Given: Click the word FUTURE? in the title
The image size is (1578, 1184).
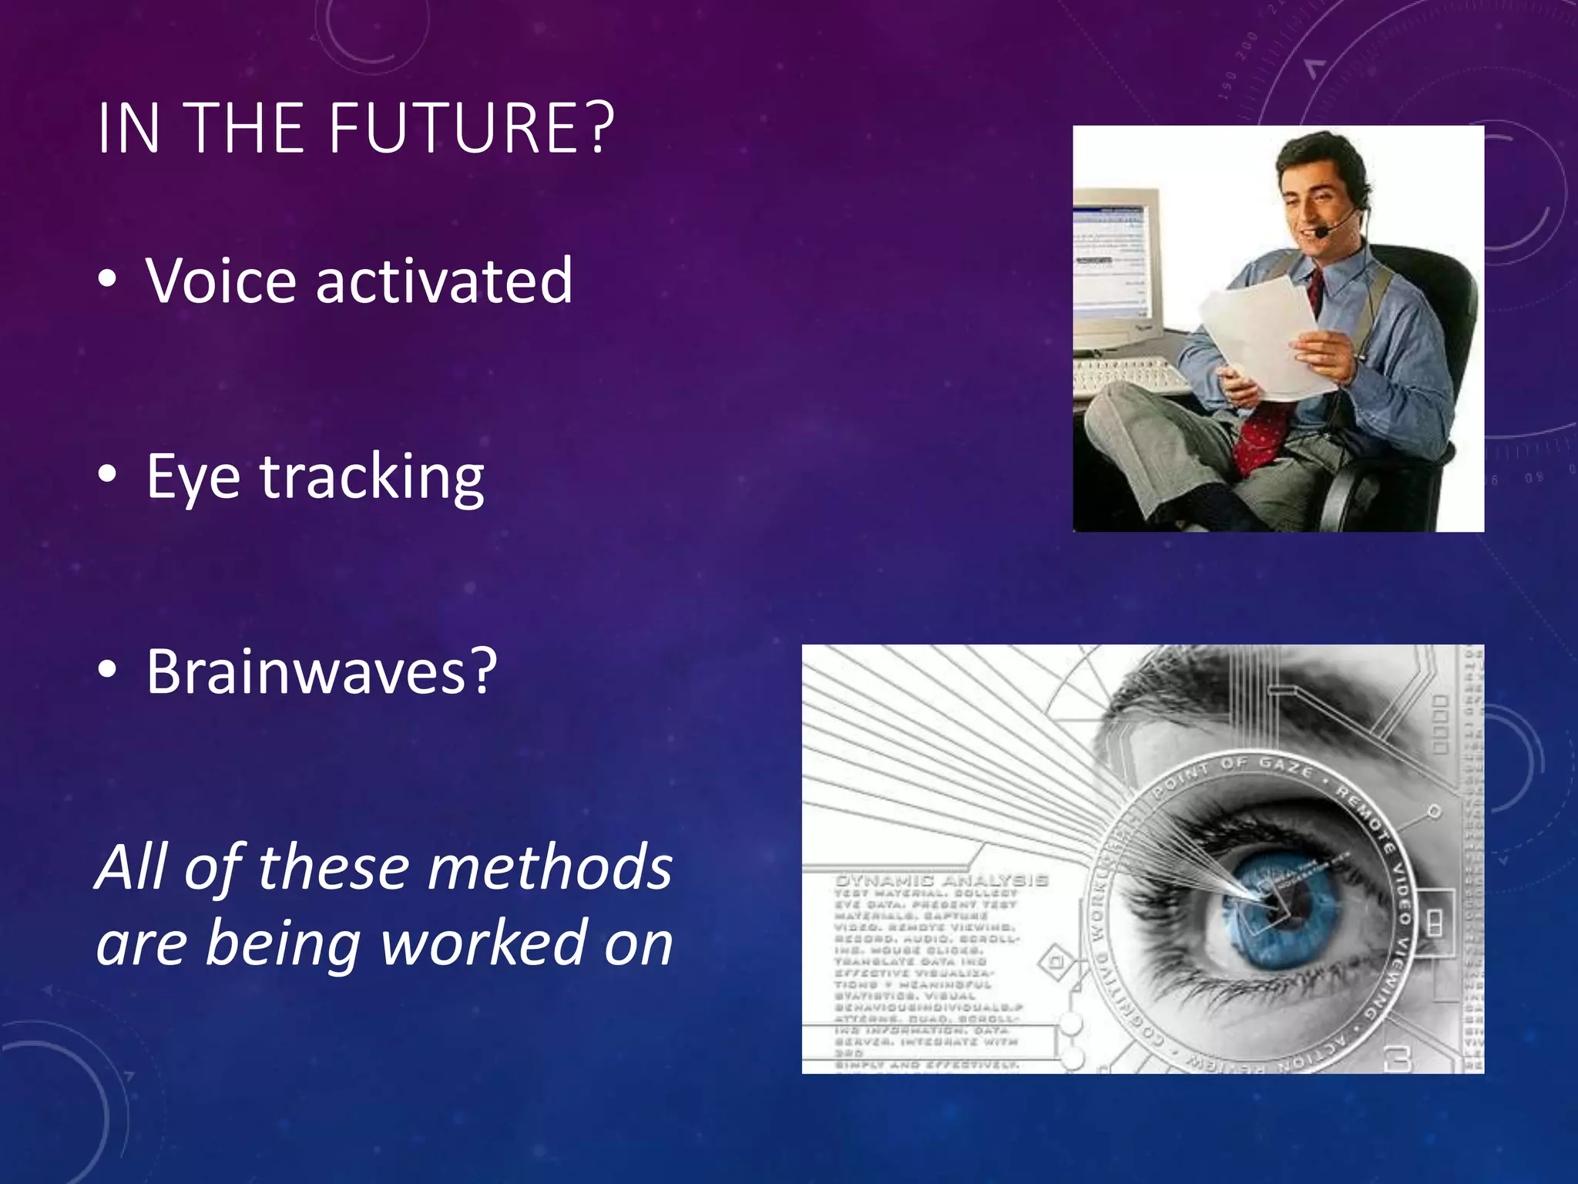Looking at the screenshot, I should coord(472,128).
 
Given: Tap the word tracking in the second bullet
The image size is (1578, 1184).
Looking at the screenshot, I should coord(371,478).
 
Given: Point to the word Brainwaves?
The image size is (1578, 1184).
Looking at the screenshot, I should coord(321,671).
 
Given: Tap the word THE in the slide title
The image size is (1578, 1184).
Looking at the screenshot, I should coord(245,128).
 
